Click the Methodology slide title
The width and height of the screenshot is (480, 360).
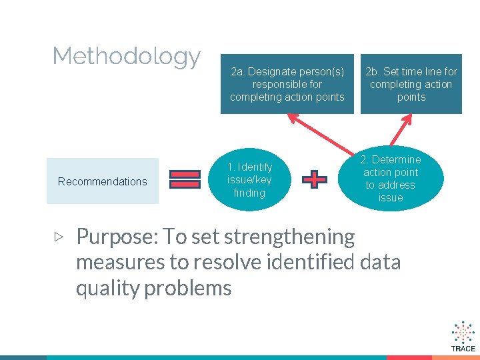pos(126,57)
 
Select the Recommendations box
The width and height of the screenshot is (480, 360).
pos(103,181)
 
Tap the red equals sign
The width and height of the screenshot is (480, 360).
pos(185,180)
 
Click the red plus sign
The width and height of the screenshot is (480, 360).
pos(315,179)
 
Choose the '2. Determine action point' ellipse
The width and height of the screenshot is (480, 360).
pos(391,179)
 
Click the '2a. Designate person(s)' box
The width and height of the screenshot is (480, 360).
pos(287,84)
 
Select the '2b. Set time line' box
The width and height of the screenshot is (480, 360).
pos(411,84)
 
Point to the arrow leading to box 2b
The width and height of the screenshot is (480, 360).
pos(404,131)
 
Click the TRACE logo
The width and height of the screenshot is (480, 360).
pos(463,337)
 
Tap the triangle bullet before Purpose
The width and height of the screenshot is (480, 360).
pos(59,236)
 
